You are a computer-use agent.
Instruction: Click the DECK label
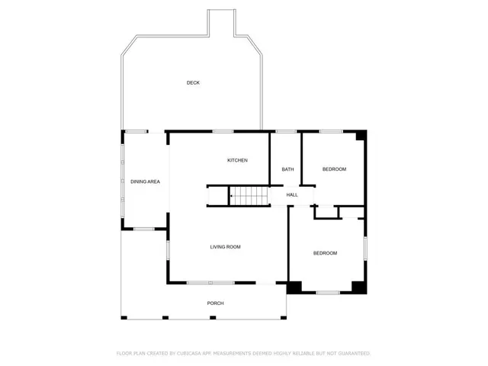coord(193,82)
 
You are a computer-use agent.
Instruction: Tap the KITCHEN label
coord(237,160)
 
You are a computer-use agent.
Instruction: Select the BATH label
coord(287,169)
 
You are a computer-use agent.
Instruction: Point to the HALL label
coord(292,195)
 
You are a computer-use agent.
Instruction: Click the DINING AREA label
coord(145,181)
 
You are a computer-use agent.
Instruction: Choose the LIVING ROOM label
coord(226,246)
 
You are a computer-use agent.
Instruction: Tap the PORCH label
coord(216,303)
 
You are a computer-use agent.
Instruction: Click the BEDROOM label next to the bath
coord(334,169)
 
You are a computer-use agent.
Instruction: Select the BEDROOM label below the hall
coord(325,253)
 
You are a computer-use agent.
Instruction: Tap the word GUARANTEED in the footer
coord(352,354)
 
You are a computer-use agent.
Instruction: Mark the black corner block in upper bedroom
coord(361,136)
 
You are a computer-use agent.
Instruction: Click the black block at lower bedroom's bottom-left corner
coord(294,287)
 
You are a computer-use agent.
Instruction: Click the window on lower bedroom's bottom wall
coord(328,293)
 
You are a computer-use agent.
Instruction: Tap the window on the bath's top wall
coord(286,132)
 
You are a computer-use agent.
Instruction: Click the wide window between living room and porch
coord(210,283)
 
